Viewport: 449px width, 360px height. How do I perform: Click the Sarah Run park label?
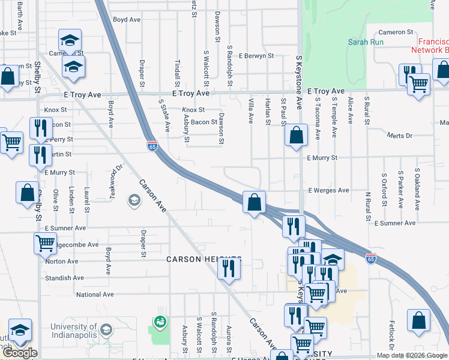point(363,42)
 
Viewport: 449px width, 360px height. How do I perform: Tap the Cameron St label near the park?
point(396,32)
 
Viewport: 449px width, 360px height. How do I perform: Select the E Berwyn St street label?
point(256,56)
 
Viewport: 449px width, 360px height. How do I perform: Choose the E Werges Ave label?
point(328,190)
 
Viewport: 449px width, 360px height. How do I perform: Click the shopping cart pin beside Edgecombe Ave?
point(46,243)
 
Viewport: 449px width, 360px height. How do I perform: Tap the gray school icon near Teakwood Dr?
point(134,200)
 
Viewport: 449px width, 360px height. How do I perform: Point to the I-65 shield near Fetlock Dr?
point(372,259)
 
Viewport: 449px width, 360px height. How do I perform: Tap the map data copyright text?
point(412,355)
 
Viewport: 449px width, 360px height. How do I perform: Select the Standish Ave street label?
point(65,278)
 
